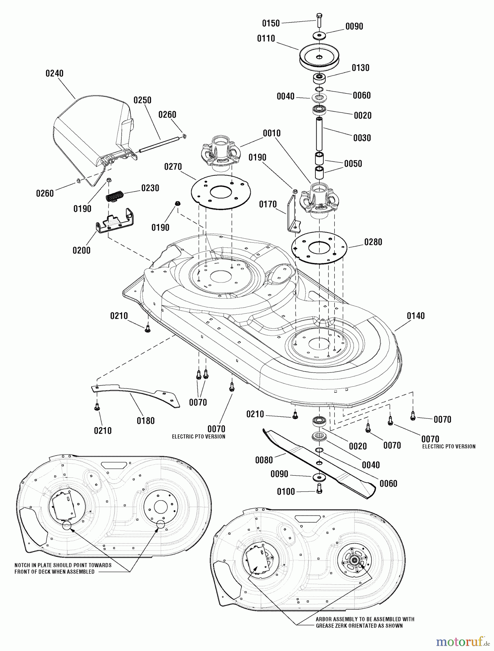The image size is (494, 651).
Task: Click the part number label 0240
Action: pos(54,73)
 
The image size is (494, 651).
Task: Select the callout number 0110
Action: pos(266,39)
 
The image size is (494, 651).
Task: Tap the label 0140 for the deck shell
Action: pos(415,316)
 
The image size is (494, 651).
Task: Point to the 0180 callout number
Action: pos(146,421)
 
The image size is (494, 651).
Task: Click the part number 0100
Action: pos(286,492)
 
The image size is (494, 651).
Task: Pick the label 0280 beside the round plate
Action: pos(373,242)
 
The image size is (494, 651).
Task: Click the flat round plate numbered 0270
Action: pos(220,192)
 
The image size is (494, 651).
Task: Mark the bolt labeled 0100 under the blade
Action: pos(319,489)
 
